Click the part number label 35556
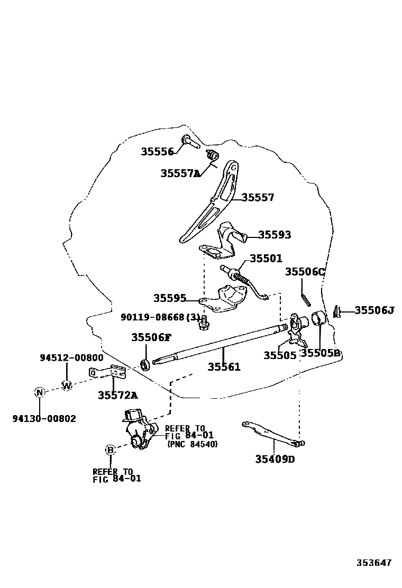tap(157, 152)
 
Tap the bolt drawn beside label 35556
tap(189, 140)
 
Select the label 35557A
tap(180, 173)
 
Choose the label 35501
tap(266, 259)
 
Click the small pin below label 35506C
tap(306, 299)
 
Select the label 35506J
tap(374, 310)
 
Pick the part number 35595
tap(170, 298)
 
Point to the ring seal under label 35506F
tap(144, 364)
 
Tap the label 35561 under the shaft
tap(224, 367)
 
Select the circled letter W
tap(67, 385)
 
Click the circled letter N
tap(39, 392)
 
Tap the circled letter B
tap(110, 450)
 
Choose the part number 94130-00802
tap(44, 419)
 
